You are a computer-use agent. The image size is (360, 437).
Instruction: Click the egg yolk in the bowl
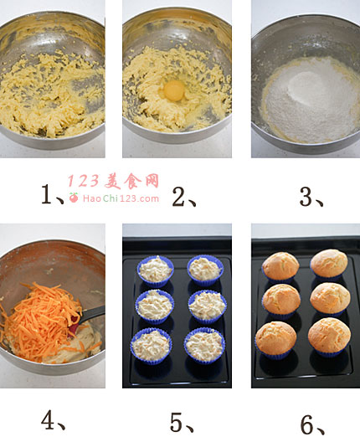174,90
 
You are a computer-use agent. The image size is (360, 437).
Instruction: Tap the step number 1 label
52,193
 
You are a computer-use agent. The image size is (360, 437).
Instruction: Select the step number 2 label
183,197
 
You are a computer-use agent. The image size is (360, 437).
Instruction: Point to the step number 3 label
311,197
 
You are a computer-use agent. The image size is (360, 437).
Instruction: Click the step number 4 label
53,419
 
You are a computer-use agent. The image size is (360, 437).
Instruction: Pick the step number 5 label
182,422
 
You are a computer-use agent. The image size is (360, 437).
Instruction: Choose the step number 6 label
312,425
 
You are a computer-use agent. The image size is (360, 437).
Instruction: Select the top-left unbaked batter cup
155,271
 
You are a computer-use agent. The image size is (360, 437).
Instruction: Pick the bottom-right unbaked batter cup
204,346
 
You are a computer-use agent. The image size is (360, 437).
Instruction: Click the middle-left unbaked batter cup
155,306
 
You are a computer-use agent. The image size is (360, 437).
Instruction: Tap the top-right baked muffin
329,264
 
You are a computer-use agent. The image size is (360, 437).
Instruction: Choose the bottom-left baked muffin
275,340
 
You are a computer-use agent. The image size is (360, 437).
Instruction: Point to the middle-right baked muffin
330,300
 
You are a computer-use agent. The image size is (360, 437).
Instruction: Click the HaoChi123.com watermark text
121,198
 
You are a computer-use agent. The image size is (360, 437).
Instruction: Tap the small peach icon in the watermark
74,198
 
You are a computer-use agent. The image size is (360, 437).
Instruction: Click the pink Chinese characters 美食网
131,181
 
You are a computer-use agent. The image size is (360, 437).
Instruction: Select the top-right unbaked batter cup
205,270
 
